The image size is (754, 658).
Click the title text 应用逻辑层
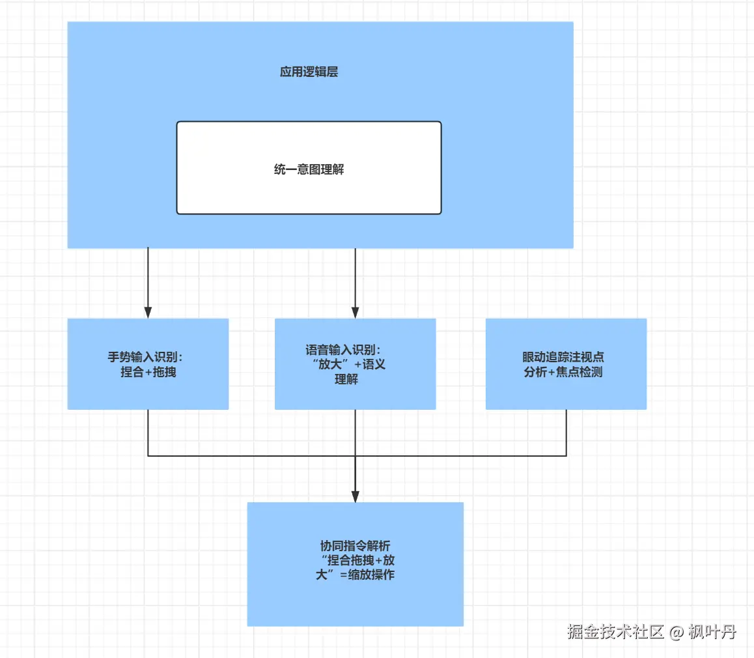309,72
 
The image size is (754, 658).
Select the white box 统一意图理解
309,168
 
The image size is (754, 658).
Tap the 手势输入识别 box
148,364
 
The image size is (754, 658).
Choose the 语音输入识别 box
356,364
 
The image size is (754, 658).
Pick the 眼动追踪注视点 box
566,364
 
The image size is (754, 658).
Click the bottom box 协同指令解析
356,564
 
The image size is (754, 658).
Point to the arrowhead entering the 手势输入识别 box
148,312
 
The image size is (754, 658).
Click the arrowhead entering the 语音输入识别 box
356,312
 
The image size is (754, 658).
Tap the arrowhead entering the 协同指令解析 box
356,496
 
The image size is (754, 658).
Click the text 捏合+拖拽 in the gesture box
148,372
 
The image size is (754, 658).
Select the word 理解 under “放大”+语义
346,380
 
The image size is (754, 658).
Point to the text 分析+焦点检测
563,372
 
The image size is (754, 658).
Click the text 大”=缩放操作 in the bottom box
356,575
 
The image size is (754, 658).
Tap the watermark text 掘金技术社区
616,631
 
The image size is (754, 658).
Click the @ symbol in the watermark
676,632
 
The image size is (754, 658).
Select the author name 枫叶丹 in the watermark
712,631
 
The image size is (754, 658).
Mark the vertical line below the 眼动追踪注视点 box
566,433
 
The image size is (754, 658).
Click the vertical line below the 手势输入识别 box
148,433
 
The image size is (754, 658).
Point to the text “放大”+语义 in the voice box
349,364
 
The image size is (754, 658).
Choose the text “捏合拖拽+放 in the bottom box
357,560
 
